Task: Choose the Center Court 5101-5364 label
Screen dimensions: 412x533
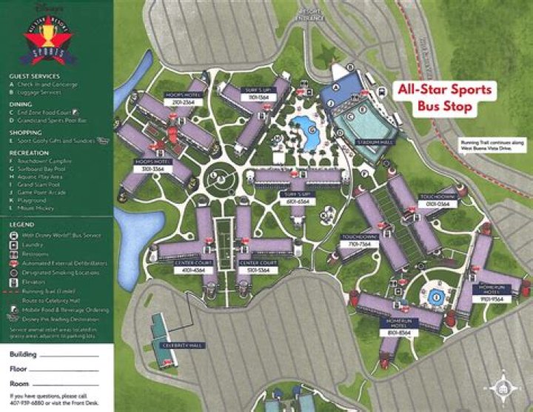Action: pyautogui.click(x=258, y=267)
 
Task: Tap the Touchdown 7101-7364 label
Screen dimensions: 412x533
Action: pyautogui.click(x=360, y=240)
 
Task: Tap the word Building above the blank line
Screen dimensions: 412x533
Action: pyautogui.click(x=23, y=355)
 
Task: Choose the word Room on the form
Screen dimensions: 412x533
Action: pyautogui.click(x=19, y=383)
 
